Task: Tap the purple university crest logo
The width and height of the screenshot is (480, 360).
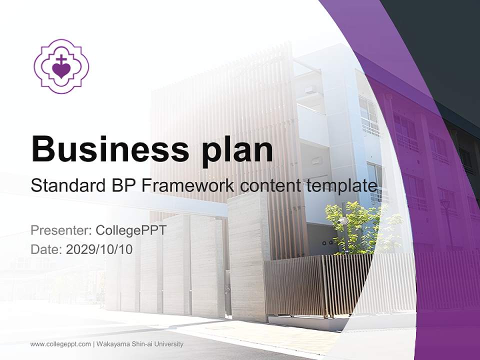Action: click(61, 66)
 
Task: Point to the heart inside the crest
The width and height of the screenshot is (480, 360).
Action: click(61, 70)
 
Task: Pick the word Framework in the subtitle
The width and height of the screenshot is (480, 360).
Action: click(187, 186)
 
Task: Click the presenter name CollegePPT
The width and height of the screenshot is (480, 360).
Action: click(130, 230)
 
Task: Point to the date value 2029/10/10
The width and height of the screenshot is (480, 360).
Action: click(99, 249)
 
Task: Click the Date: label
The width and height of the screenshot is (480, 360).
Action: click(46, 249)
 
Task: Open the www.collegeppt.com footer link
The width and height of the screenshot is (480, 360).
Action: click(60, 344)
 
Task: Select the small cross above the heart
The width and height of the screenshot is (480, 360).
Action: click(61, 59)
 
